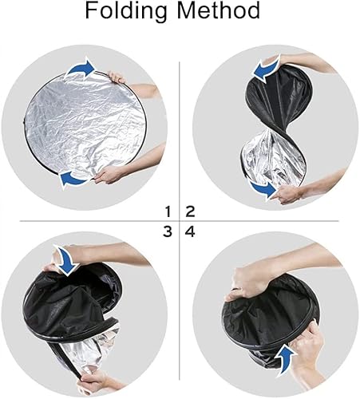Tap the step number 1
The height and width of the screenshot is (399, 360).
click(x=169, y=211)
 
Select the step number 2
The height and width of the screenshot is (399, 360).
click(x=191, y=211)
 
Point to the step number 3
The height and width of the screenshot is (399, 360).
click(x=169, y=232)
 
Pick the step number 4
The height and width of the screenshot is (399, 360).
click(x=191, y=232)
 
